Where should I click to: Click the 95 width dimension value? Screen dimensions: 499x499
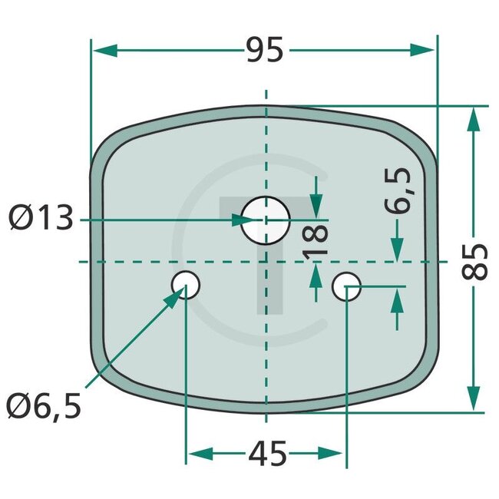(266, 51)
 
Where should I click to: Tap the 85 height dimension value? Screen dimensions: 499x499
(476, 262)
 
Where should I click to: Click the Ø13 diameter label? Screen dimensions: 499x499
(41, 220)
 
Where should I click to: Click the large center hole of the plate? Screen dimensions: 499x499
(264, 220)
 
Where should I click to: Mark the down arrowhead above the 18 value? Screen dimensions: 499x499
(316, 207)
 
